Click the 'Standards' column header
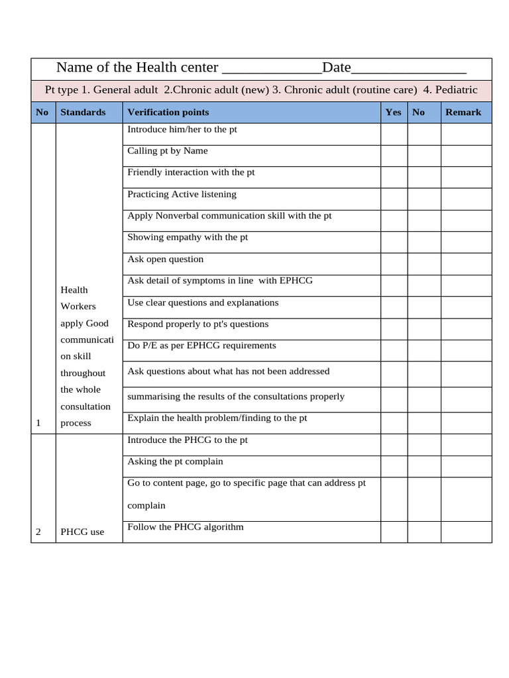coord(83,113)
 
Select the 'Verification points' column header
coord(168,113)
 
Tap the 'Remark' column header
coord(463,113)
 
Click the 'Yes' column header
coord(393,113)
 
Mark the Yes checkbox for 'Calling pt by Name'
coord(394,156)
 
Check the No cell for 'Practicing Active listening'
coord(424,199)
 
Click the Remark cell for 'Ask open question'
coord(466,264)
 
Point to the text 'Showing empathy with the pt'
coord(188,237)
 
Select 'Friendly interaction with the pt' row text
coord(191,172)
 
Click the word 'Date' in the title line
coord(336,68)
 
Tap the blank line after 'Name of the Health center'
coord(272,69)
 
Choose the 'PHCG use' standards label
coord(82,532)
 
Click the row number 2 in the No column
coord(38,532)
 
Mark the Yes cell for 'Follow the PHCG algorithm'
coord(394,532)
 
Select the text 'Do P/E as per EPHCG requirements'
coord(201,346)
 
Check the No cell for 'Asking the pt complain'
coord(424,466)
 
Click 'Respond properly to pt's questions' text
coord(198,324)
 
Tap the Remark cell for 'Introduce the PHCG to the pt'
coord(466,444)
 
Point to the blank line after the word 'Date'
coord(408,69)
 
